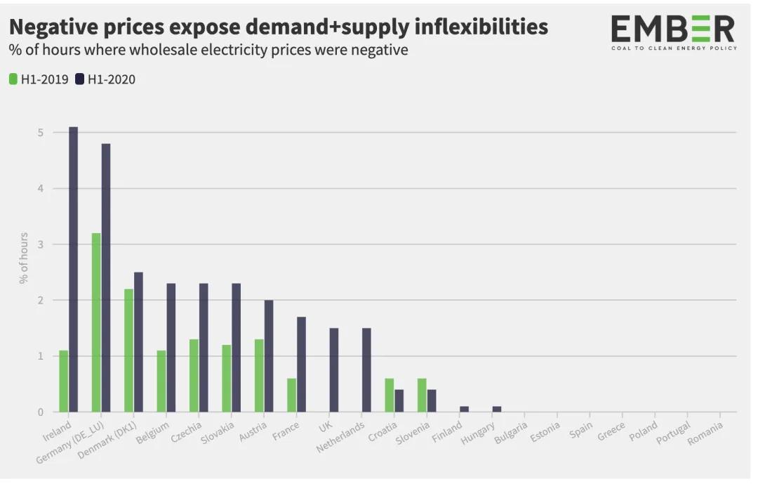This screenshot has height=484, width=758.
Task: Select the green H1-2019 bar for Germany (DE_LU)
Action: [96, 322]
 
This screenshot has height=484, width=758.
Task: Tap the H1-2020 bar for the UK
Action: [334, 369]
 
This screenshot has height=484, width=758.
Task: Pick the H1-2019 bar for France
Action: [291, 395]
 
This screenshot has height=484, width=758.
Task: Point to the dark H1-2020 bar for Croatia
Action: [399, 400]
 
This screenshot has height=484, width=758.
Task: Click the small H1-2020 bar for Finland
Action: [464, 409]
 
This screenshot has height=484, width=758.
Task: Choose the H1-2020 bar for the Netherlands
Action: [366, 369]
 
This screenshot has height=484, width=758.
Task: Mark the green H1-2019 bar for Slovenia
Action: [422, 395]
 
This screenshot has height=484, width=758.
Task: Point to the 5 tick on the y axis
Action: [41, 133]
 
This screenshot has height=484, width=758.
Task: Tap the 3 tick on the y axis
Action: [41, 244]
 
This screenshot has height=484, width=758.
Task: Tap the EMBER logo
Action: [672, 32]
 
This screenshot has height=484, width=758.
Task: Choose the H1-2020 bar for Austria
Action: [269, 355]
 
